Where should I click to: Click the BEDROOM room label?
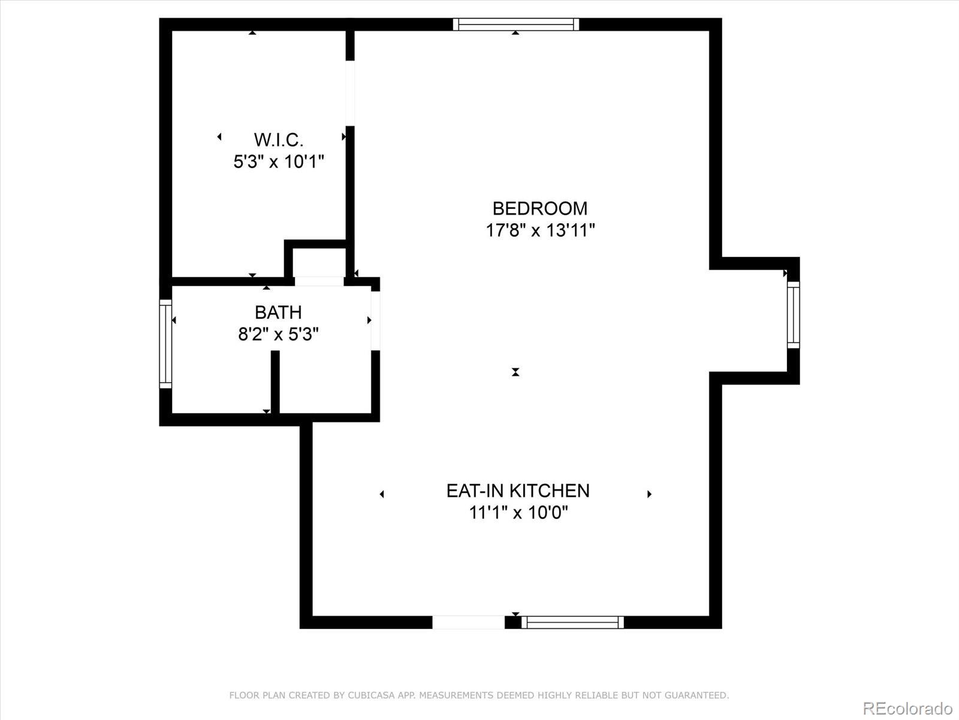tap(539, 208)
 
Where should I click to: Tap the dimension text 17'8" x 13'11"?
tap(539, 230)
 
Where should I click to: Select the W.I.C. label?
tap(278, 140)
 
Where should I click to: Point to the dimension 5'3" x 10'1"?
tap(278, 161)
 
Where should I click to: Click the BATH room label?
tap(278, 312)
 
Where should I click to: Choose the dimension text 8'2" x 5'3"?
tap(278, 334)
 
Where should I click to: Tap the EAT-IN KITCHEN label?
tap(518, 491)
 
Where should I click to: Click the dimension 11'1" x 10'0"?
tap(518, 513)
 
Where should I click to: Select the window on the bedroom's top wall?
tap(515, 25)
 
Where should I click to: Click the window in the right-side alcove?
tap(793, 314)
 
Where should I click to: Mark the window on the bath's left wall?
tap(165, 344)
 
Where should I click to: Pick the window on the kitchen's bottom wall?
tap(572, 622)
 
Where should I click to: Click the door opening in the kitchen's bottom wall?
tap(468, 622)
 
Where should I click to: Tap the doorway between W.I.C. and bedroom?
tap(350, 94)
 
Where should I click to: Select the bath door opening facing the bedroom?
tap(375, 320)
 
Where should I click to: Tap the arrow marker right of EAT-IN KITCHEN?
tap(649, 494)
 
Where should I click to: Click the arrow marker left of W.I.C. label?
tap(219, 137)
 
